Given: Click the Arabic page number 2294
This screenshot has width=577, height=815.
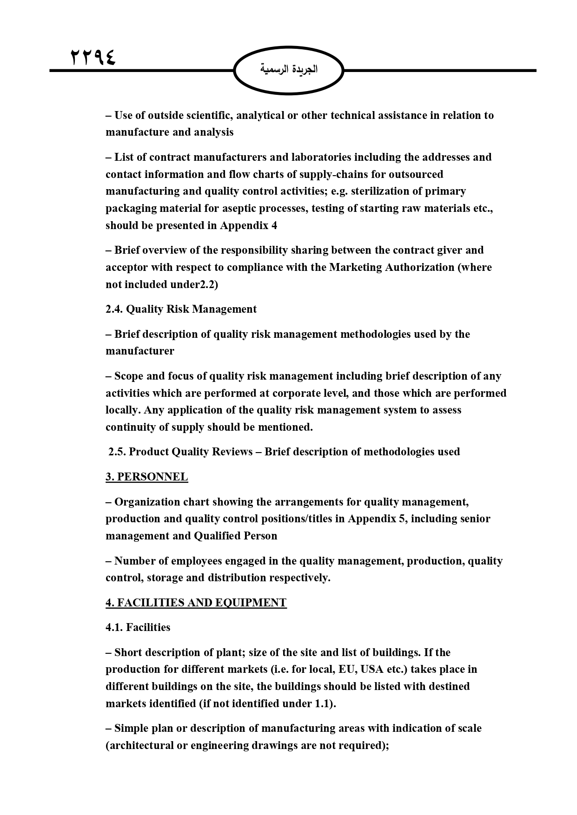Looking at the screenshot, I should click(93, 57).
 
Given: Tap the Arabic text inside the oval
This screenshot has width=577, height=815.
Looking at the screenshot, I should click(289, 70).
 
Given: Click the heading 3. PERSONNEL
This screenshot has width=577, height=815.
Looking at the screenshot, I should click(146, 477).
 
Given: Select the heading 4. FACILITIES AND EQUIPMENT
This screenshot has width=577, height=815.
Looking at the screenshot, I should click(196, 603).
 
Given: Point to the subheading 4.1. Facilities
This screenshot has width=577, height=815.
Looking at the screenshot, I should click(138, 627).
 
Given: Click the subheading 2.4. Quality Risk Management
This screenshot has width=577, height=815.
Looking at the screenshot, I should click(181, 309).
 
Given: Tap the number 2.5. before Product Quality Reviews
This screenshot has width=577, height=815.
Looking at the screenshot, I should click(117, 452).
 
